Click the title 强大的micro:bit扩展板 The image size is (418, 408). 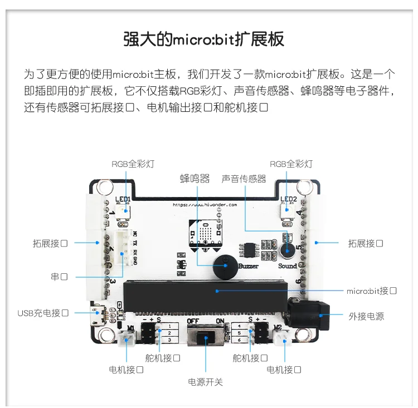tap(203, 40)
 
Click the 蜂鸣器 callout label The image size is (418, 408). tap(195, 179)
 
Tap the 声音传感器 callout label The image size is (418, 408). tap(244, 179)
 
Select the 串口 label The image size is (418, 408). tap(60, 277)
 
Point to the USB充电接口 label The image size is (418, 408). tap(43, 313)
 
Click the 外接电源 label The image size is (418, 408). tap(366, 316)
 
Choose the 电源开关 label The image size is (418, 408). tap(206, 382)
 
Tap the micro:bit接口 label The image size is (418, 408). tap(371, 291)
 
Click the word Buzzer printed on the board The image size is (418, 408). tap(248, 267)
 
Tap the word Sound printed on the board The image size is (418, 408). tap(288, 266)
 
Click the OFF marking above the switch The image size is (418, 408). tap(194, 321)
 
